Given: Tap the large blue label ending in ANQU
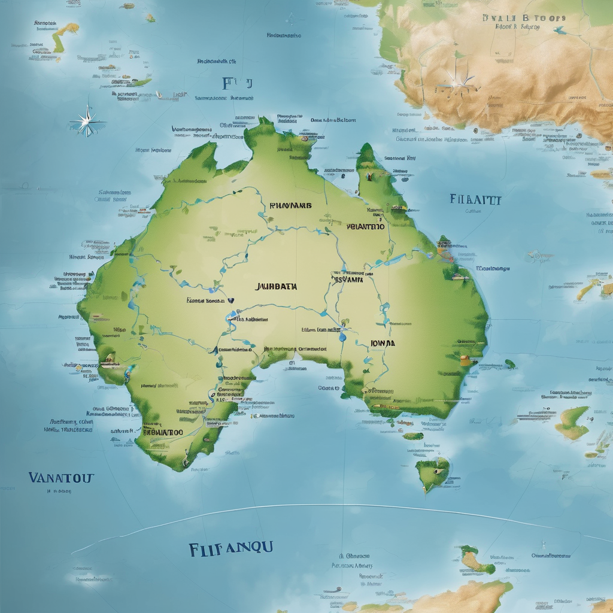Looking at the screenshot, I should point(230,547).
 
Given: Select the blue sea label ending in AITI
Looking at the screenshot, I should point(475,199).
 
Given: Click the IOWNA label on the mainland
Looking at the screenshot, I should point(383,344).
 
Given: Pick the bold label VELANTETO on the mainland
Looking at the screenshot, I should point(365,227).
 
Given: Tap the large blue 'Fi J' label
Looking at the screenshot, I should point(237,83).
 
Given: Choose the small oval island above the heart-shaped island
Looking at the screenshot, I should point(412,436).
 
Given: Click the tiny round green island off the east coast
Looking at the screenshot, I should point(509,363).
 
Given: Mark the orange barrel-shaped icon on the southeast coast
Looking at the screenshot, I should point(465,360).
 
